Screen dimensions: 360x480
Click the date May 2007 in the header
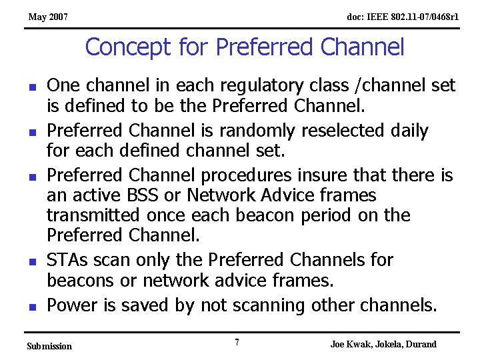47,17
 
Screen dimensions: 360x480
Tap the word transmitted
93,215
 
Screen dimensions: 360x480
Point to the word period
339,215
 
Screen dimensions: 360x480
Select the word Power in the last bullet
73,305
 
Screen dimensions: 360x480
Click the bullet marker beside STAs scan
32,261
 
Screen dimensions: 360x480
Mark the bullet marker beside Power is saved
32,307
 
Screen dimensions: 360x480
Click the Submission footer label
49,346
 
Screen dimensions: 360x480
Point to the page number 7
237,343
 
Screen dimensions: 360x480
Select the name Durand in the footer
420,344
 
